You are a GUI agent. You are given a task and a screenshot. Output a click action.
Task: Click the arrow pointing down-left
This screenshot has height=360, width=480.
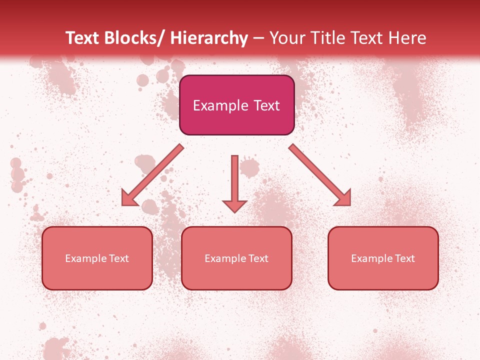tap(152, 175)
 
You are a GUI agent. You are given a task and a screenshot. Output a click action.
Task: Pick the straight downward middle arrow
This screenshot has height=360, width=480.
tap(234, 180)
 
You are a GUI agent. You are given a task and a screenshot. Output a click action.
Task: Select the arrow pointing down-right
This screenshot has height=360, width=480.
tap(320, 175)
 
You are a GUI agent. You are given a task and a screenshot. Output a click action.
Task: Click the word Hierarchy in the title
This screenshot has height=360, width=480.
tap(209, 38)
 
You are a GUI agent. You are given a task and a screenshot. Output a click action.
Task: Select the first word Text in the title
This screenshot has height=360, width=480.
tap(84, 38)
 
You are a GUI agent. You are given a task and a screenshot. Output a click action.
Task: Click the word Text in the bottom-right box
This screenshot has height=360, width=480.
tap(404, 258)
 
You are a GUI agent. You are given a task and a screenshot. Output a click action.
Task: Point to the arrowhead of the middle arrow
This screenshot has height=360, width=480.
tap(234, 205)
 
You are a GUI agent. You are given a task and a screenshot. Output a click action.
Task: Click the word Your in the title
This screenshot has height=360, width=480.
tap(286, 38)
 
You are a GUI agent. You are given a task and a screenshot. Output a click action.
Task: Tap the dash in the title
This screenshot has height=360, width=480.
tap(258, 38)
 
